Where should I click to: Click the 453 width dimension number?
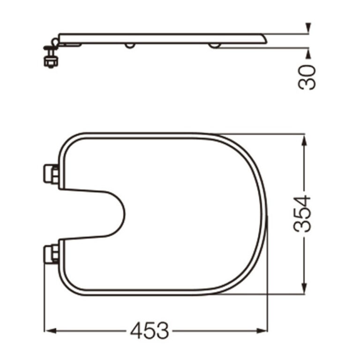(149, 331)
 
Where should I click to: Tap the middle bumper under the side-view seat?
(130, 46)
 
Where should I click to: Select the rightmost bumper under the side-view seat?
(214, 46)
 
